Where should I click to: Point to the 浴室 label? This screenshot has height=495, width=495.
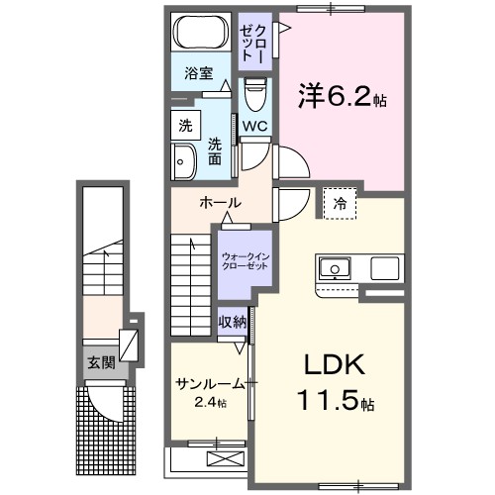click(x=199, y=72)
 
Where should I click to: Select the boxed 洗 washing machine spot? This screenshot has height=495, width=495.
click(x=184, y=126)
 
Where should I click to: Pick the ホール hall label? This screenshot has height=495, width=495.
click(x=219, y=203)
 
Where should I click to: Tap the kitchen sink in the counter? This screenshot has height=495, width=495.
click(x=334, y=267)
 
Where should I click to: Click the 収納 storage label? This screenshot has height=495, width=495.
click(x=233, y=323)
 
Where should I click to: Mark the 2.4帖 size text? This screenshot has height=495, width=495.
click(x=209, y=403)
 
